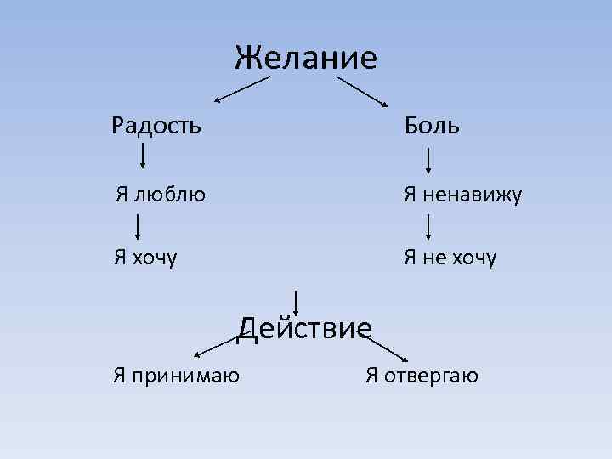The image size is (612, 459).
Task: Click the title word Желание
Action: point(305,58)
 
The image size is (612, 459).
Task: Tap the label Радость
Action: point(156,126)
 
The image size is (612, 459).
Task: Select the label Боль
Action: point(431,126)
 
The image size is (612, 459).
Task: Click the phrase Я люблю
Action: point(161,195)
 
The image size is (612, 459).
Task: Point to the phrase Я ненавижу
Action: point(462,195)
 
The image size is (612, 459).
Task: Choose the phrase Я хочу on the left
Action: point(146,257)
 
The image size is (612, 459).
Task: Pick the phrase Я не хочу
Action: point(450,257)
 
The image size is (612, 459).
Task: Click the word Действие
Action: point(305,327)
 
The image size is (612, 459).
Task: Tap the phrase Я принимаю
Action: point(176,375)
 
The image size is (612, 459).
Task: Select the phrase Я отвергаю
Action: point(422,375)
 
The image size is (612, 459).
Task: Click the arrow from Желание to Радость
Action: point(241,89)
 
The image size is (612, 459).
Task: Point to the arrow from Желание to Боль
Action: point(360,90)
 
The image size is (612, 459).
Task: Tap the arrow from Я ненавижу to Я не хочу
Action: point(429,227)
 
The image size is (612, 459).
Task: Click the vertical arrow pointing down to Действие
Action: point(296,303)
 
